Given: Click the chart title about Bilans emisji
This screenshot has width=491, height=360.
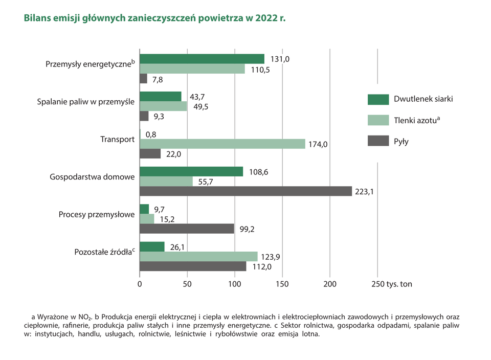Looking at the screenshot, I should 154,18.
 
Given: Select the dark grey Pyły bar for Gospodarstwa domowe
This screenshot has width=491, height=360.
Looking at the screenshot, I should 245,191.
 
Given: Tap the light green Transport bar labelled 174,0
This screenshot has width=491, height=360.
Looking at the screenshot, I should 222,144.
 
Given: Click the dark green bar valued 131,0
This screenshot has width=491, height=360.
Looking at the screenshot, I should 202,59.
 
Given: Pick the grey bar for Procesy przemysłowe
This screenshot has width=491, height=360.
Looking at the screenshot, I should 187,229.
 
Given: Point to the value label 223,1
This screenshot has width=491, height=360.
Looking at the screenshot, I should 366,192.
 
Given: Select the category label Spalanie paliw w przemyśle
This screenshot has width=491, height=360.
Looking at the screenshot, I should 86,102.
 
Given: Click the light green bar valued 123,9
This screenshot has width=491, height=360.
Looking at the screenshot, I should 198,257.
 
